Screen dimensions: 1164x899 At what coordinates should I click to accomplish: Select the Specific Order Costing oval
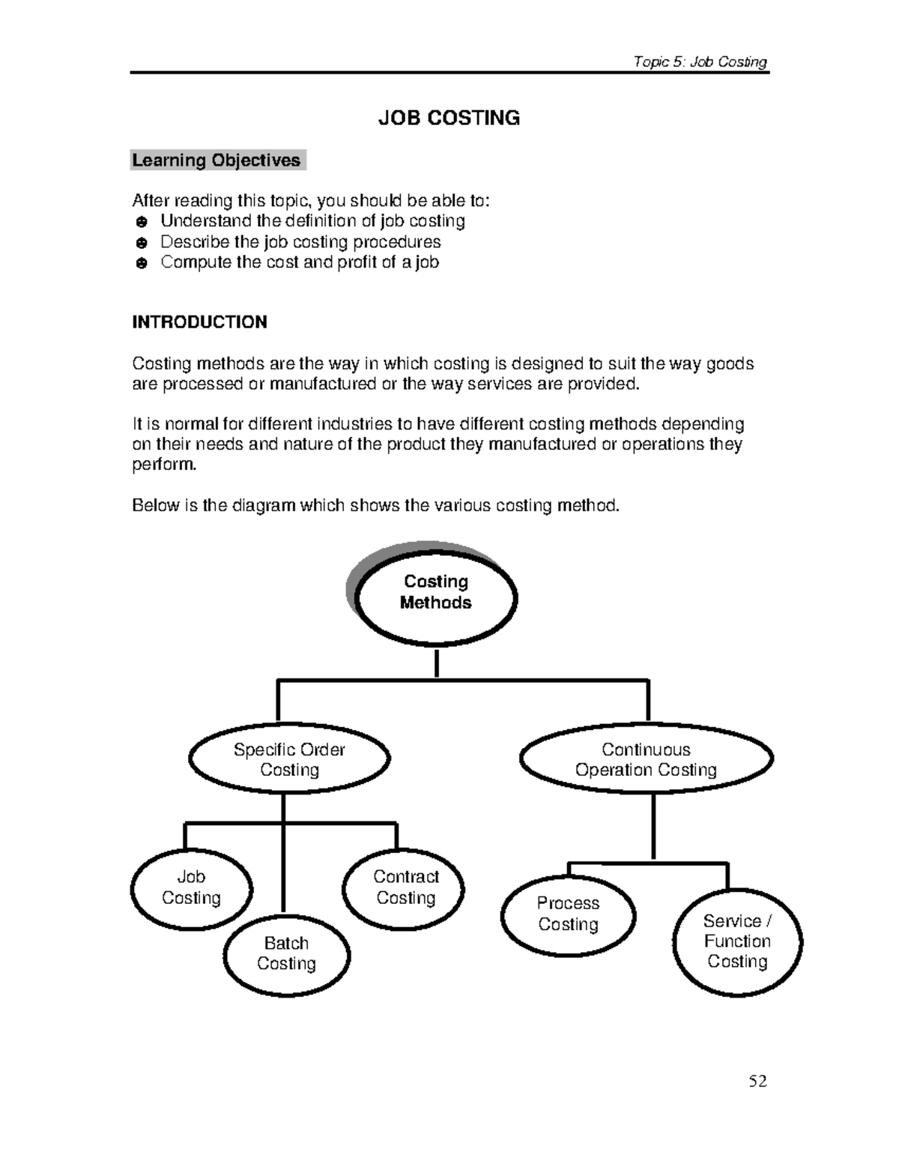[289, 759]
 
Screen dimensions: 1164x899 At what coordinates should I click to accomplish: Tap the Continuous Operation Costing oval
[646, 759]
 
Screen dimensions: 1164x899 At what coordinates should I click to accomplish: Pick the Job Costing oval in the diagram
[191, 888]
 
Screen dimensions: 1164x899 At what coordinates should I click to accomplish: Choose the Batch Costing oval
[286, 954]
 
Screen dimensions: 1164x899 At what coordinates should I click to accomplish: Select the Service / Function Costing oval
[737, 941]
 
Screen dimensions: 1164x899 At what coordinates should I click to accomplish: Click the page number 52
[758, 1081]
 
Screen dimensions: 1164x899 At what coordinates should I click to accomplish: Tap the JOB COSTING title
[449, 118]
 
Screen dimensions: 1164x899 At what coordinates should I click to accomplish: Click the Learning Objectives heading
[217, 160]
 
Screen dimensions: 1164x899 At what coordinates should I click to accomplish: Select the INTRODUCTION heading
[199, 322]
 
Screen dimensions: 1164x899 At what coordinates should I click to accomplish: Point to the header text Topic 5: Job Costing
[700, 61]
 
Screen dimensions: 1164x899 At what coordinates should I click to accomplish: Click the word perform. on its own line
[164, 465]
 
